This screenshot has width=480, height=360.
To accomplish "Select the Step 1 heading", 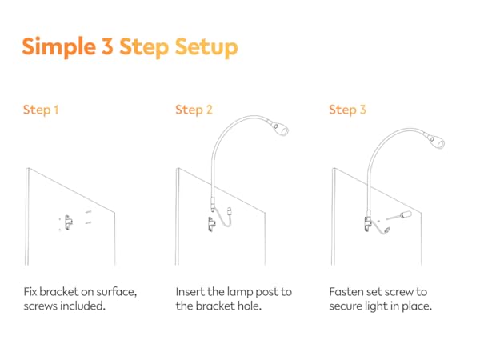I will click(x=41, y=110).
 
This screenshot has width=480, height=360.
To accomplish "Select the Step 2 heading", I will click(x=194, y=110).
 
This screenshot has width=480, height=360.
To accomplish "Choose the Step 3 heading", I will click(x=347, y=110).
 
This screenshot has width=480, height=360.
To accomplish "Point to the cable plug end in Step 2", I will click(x=230, y=212).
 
